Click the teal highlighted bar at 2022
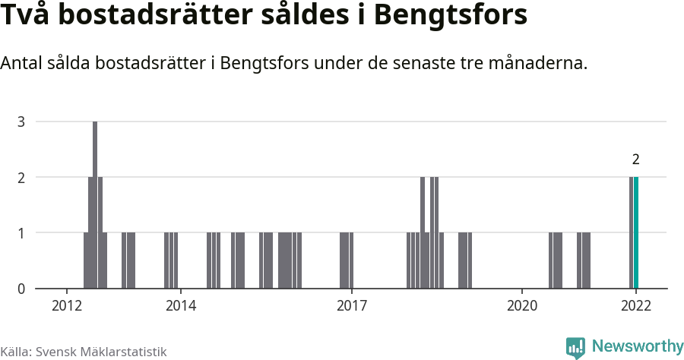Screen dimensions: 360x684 pos(636,232)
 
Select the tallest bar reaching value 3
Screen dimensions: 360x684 pos(95,205)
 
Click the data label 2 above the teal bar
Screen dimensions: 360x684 pos(635,159)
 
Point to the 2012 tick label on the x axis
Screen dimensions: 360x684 pos(67,305)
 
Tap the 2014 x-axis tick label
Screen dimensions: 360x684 pos(180,305)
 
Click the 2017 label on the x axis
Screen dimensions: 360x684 pos(351,305)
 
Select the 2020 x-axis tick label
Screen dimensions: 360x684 pos(522,305)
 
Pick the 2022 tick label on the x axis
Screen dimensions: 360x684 pos(636,305)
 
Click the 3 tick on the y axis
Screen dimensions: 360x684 pos(21,122)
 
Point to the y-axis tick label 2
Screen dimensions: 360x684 pos(21,177)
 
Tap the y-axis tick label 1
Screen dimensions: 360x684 pos(21,233)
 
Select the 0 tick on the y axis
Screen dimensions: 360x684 pos(21,289)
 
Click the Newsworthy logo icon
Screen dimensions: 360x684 pos(575,348)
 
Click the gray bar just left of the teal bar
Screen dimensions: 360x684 pos(631,232)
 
